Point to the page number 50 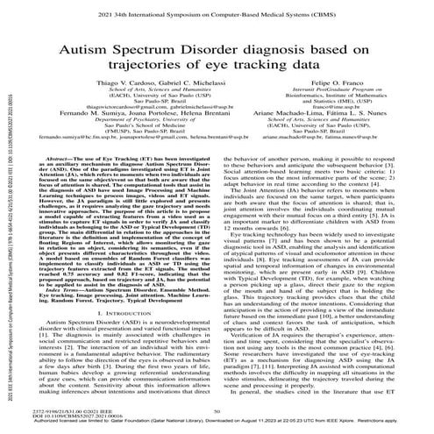pyautogui.click(x=217, y=409)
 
